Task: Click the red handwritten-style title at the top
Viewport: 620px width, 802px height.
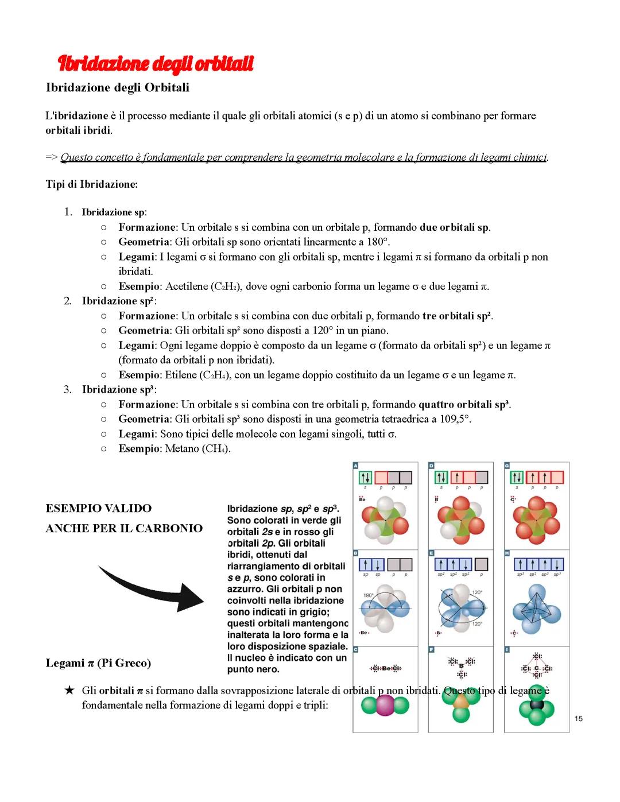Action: [156, 64]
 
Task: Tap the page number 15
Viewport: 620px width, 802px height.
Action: [578, 718]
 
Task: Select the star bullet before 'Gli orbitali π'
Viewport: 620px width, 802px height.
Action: [69, 690]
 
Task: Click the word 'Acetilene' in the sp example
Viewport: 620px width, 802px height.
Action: [186, 286]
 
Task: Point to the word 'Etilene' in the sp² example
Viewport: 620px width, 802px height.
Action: [181, 375]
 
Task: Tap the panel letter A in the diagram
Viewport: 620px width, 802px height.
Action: [356, 466]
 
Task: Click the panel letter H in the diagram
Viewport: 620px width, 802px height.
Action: [507, 553]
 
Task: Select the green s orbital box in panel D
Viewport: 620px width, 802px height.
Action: [441, 478]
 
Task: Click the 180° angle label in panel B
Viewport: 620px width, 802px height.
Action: [368, 595]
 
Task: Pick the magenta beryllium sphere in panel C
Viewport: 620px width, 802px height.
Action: [385, 706]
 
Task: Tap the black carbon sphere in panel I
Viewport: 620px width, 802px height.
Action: [537, 704]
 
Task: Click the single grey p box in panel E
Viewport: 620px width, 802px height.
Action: [482, 564]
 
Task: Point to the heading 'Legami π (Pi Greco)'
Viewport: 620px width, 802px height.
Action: [98, 663]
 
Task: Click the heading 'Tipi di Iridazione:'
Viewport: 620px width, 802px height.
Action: [91, 184]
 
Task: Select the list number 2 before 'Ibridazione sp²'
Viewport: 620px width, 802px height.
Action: [68, 301]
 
